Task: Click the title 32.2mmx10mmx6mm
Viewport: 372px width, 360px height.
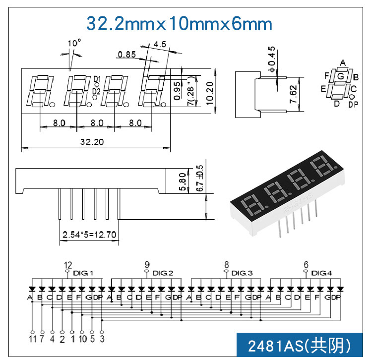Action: point(180,23)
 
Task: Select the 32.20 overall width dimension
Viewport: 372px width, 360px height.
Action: point(92,142)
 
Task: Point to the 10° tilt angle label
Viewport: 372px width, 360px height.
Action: point(73,44)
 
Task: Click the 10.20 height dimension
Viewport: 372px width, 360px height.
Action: point(210,92)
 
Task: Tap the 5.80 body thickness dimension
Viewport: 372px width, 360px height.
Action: point(183,181)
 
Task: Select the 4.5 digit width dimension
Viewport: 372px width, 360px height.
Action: point(160,44)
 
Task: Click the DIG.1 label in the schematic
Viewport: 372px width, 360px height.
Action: point(83,273)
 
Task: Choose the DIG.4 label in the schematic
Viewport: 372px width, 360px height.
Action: point(321,273)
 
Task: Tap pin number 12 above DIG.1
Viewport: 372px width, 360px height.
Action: point(68,264)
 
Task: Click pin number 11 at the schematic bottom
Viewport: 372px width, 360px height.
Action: point(32,339)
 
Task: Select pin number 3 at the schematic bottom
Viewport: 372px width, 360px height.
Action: point(102,339)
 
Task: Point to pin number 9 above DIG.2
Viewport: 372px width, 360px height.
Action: point(147,264)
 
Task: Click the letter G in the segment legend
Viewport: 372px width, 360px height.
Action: point(340,76)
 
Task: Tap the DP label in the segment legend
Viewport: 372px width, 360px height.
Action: point(353,104)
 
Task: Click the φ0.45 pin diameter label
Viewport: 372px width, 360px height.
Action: point(271,58)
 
